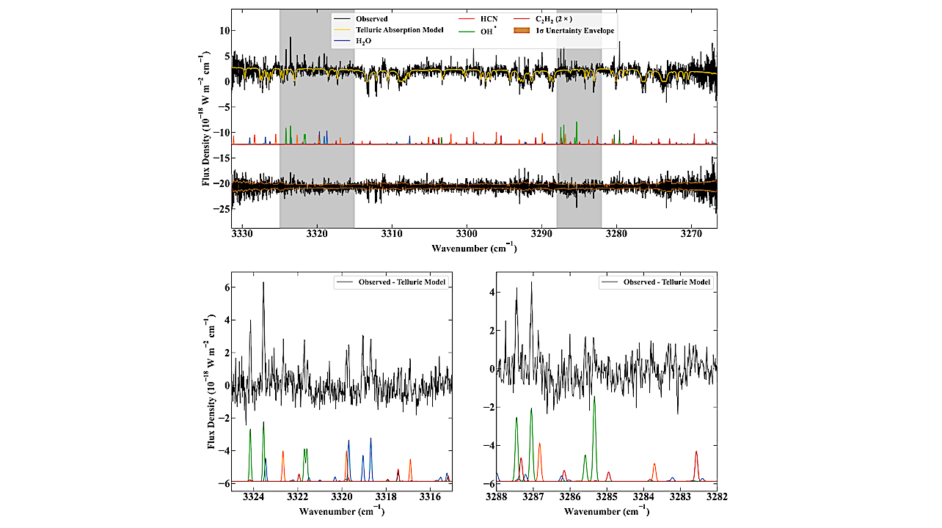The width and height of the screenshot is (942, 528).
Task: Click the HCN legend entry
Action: tap(488, 18)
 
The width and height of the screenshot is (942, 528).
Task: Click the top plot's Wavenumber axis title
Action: tap(474, 248)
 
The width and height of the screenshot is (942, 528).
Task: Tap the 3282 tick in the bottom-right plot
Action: tap(716, 496)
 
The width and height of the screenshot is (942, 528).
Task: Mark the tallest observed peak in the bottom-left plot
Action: tap(263, 283)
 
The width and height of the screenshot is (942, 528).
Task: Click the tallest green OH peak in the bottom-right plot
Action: tap(594, 397)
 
